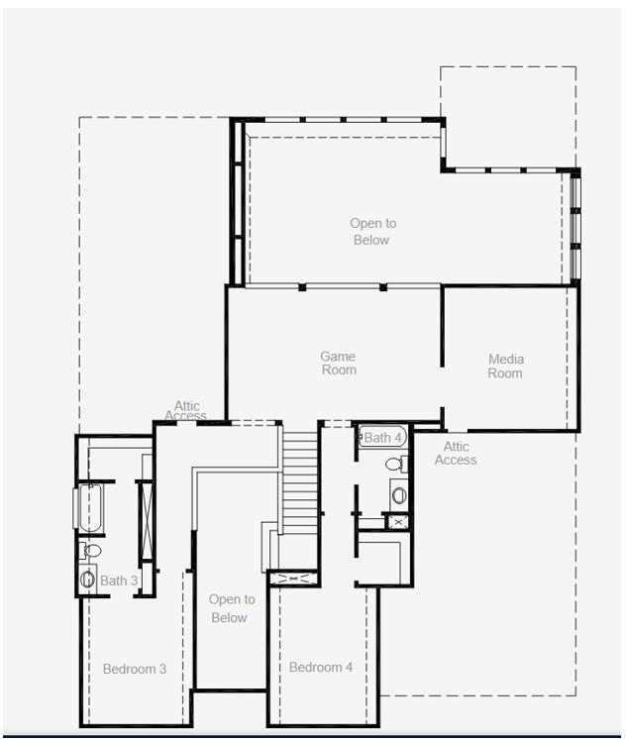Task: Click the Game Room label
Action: (x=338, y=364)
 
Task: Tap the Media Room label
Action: (x=505, y=367)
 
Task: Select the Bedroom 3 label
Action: (x=135, y=669)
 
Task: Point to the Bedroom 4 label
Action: (x=321, y=667)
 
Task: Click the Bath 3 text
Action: (x=119, y=581)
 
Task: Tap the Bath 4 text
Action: (x=382, y=437)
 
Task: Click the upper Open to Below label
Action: (x=371, y=232)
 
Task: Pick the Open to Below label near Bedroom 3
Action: (x=231, y=608)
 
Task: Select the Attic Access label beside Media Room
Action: (x=456, y=453)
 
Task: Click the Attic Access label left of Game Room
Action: (x=186, y=409)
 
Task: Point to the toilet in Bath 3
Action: (x=91, y=550)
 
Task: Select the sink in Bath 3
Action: (x=88, y=580)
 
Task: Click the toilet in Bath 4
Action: (x=395, y=464)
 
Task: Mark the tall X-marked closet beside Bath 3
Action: (x=146, y=519)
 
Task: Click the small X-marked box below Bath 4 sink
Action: (x=397, y=521)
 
